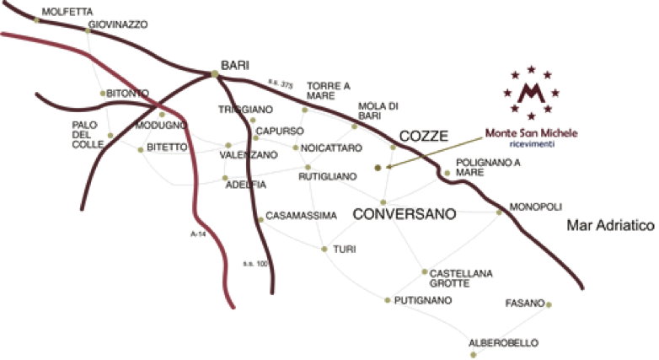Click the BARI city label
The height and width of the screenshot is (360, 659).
pyautogui.click(x=235, y=65)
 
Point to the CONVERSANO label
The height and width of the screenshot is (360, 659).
pyautogui.click(x=404, y=214)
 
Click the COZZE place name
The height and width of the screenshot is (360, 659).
pyautogui.click(x=423, y=136)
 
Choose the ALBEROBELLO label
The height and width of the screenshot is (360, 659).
pyautogui.click(x=503, y=343)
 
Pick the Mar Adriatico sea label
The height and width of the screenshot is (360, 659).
pyautogui.click(x=610, y=226)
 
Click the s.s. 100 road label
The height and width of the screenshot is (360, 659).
pyautogui.click(x=255, y=264)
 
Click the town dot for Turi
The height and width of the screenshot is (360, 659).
pyautogui.click(x=324, y=249)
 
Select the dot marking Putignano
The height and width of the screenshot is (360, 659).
pyautogui.click(x=386, y=300)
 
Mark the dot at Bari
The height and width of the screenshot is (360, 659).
pyautogui.click(x=216, y=74)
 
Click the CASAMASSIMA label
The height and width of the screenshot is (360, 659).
pyautogui.click(x=301, y=216)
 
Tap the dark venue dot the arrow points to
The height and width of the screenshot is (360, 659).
pyautogui.click(x=378, y=168)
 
